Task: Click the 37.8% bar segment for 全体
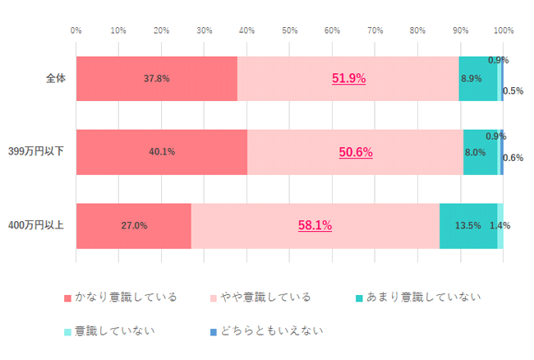pyautogui.click(x=156, y=79)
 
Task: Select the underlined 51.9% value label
pyautogui.click(x=348, y=79)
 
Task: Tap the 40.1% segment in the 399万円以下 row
pyautogui.click(x=161, y=152)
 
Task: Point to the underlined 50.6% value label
pyautogui.click(x=356, y=152)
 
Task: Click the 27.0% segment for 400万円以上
pyautogui.click(x=134, y=225)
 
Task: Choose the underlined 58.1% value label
pyautogui.click(x=315, y=225)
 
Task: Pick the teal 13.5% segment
pyautogui.click(x=467, y=225)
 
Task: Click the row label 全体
pyautogui.click(x=56, y=79)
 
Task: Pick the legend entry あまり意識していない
pyautogui.click(x=417, y=297)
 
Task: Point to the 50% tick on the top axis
pyautogui.click(x=289, y=30)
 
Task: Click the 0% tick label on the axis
pyautogui.click(x=76, y=30)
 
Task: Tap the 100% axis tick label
pyautogui.click(x=503, y=30)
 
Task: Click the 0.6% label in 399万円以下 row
pyautogui.click(x=513, y=158)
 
